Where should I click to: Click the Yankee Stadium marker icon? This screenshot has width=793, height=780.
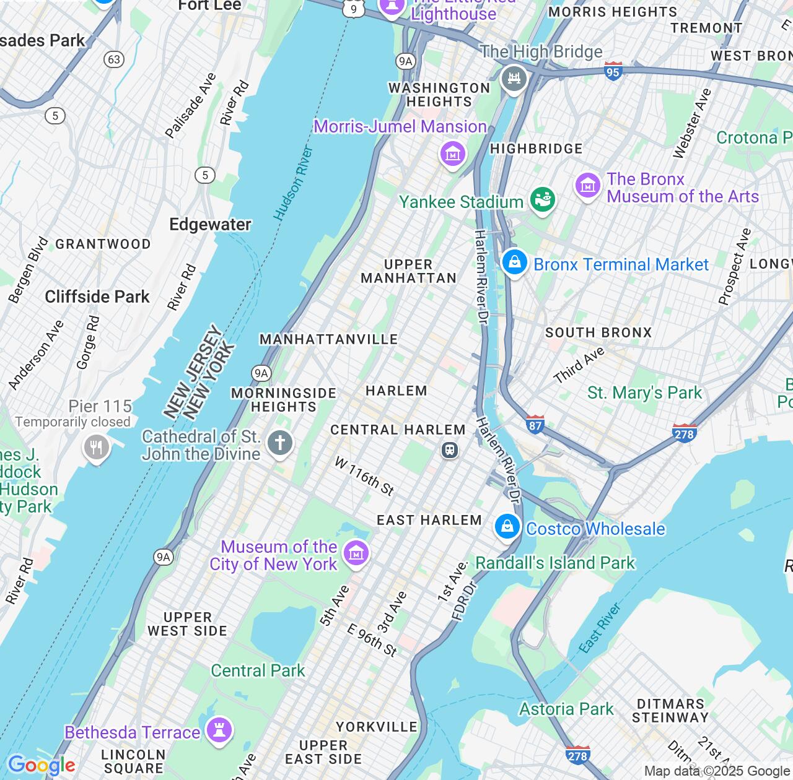point(542,199)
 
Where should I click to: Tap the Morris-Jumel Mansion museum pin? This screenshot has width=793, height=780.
point(452,153)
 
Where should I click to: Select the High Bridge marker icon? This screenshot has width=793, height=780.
point(514,79)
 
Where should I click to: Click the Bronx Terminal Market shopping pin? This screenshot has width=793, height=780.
point(514,262)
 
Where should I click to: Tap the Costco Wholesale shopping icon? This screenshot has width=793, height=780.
point(507,527)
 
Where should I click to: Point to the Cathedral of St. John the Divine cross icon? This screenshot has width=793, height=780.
point(280,443)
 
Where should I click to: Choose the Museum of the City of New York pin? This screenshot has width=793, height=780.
point(356,553)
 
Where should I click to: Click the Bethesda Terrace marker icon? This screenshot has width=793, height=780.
point(219,730)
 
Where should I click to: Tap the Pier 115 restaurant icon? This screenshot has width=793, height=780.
point(96,447)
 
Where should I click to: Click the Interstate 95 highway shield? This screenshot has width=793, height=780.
point(613,71)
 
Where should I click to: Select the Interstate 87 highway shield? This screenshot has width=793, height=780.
point(535,425)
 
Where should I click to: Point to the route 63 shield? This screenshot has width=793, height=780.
point(114,59)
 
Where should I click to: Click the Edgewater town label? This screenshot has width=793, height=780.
point(210,224)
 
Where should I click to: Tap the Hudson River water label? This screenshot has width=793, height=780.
point(294,184)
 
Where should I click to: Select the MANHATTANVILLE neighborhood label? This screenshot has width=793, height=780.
point(328,339)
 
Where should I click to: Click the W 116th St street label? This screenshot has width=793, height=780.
point(364,476)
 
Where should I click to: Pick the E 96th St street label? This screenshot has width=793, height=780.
point(372,640)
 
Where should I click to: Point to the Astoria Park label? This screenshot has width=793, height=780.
point(566,709)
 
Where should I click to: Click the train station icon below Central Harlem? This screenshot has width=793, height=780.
point(450,450)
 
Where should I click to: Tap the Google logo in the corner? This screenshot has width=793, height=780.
point(41,766)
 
